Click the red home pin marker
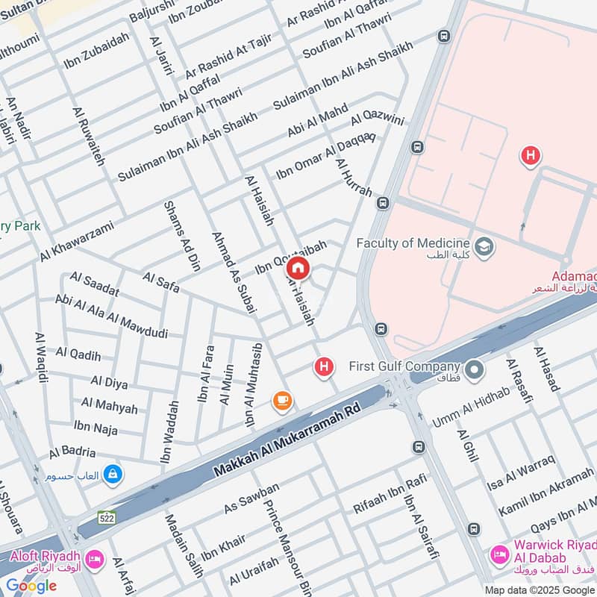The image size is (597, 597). point(298,269)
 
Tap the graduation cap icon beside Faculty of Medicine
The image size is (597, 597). point(484,246)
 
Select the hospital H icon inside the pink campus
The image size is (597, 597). point(530,156)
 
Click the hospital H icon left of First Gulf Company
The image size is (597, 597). point(324,366)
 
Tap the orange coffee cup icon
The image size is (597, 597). point(282,401)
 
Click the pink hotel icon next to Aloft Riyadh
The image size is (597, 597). point(95,559)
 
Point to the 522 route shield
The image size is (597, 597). point(106,516)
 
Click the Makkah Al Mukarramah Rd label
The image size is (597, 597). point(287,441)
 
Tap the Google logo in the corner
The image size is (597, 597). point(31,585)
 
